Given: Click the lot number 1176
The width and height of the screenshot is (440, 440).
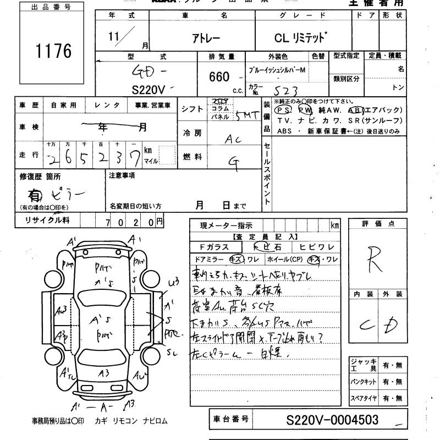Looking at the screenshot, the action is [x=53, y=52].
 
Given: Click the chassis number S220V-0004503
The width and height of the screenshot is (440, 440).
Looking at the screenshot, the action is [x=333, y=420].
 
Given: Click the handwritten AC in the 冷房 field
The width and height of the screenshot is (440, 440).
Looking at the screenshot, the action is [x=234, y=139].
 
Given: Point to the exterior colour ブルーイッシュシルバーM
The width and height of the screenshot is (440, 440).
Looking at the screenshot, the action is [x=285, y=71].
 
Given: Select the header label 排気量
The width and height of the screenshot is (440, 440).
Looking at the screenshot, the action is [x=222, y=57].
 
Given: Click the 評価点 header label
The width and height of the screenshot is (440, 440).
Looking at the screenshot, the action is [x=371, y=224].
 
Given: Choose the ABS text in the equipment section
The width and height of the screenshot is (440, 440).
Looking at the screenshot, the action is [x=284, y=131].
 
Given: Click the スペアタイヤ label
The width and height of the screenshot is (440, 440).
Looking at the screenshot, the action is [x=363, y=397].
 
